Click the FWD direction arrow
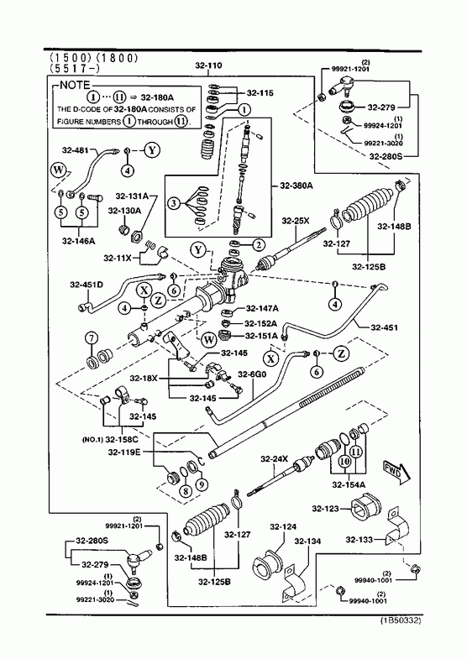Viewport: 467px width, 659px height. coord(396,472)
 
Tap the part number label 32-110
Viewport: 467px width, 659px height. coord(208,65)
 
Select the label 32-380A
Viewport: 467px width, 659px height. coord(296,186)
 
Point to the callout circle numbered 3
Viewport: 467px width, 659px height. coord(173,204)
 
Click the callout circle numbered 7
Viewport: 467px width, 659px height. coord(92,338)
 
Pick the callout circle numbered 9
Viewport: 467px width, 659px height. coord(202,485)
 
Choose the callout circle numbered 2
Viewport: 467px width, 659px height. coord(258,244)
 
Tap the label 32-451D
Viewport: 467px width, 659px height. coord(87,285)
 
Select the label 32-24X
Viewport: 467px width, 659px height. coord(274,459)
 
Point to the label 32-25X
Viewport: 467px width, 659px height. coord(296,220)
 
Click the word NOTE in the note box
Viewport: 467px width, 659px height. coord(75,86)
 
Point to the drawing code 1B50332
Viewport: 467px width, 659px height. coord(401,620)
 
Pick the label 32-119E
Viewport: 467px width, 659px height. coord(124,452)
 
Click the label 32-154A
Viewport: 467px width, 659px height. coord(349,484)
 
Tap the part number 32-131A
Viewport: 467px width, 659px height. coord(132,196)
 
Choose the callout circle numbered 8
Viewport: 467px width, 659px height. coord(185,490)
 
